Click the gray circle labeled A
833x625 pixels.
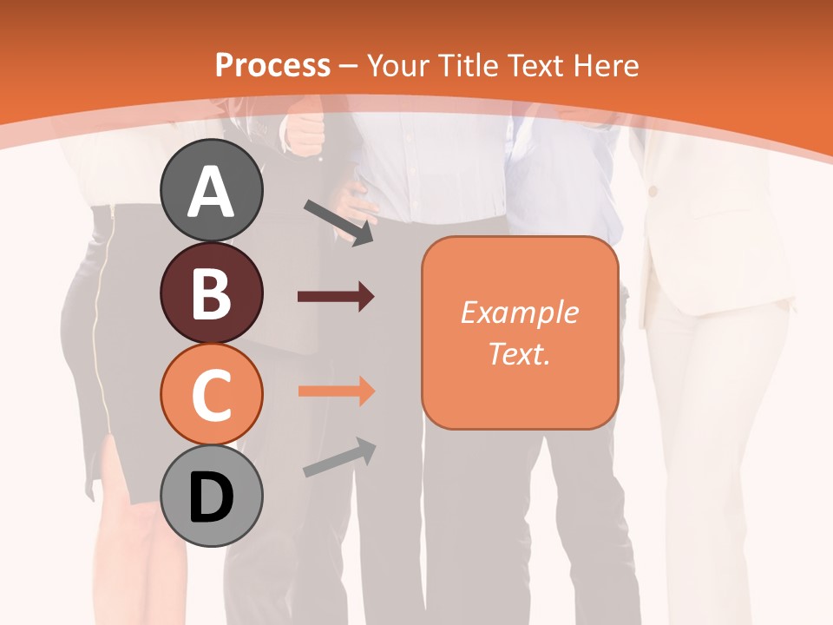point(211,190)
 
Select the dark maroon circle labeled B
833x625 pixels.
point(211,293)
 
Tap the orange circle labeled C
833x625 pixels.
point(211,394)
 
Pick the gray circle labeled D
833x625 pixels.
point(211,497)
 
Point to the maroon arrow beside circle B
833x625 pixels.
point(336,297)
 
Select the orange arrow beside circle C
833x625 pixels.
point(336,391)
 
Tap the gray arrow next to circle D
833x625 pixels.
point(339,457)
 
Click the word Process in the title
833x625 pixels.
point(272,65)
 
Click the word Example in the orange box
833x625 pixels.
point(519,312)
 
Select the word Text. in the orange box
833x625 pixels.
point(519,353)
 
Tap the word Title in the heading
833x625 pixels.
point(469,65)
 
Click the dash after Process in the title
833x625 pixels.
point(348,66)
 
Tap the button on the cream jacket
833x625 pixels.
point(653,190)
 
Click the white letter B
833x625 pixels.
point(211,293)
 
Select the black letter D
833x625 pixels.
point(211,497)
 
